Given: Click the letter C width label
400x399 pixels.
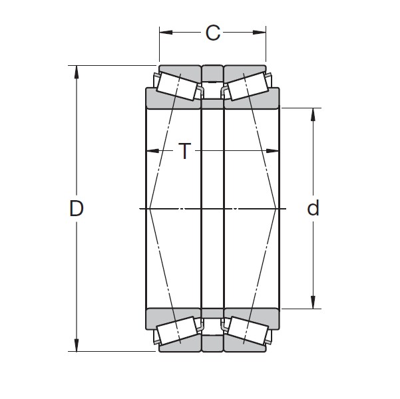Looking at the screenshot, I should point(212,32).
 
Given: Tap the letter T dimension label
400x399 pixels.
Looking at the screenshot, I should point(184,152).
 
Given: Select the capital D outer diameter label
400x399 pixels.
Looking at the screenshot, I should point(77,209).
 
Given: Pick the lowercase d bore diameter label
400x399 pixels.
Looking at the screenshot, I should point(313,209).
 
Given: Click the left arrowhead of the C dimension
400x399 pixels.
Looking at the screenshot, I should point(164,31).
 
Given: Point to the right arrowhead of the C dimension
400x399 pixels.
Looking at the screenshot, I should point(261,31).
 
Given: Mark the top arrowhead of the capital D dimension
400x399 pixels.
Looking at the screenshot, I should point(77,70).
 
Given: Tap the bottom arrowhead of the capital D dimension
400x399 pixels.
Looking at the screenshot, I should point(77,346).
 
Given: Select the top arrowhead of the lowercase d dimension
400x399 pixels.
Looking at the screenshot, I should point(313,113).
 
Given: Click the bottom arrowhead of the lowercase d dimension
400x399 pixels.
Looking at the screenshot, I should point(313,303).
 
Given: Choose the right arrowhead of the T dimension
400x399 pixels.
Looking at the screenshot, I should point(274,151).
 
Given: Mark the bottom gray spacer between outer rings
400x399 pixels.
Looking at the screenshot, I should point(212,344).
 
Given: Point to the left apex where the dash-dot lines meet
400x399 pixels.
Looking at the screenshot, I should point(150,209).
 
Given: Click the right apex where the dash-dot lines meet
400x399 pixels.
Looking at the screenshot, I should point(276,209).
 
